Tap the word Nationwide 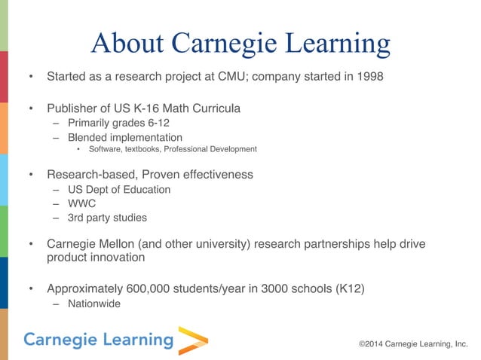[93, 304]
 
